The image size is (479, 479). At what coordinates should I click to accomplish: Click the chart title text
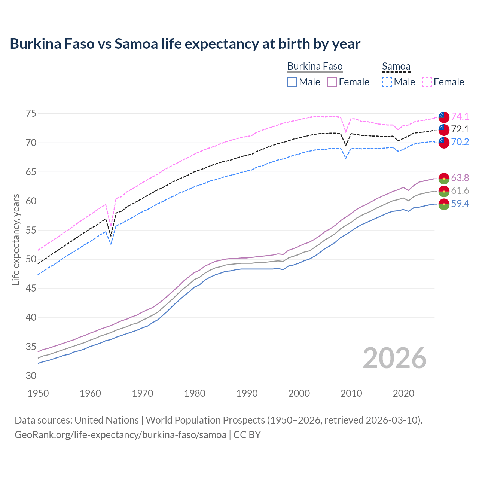click(x=185, y=44)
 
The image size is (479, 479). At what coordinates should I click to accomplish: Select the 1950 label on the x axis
click(x=38, y=393)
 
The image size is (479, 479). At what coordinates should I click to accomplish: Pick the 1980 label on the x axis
click(x=195, y=393)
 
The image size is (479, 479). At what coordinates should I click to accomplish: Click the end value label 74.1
click(x=460, y=116)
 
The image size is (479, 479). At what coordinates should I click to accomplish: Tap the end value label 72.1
click(x=460, y=129)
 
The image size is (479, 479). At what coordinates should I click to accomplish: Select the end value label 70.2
click(x=460, y=142)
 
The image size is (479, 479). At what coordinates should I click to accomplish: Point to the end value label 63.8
click(x=460, y=178)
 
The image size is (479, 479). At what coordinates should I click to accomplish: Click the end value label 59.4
click(x=460, y=204)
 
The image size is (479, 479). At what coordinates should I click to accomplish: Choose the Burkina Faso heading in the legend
click(x=315, y=66)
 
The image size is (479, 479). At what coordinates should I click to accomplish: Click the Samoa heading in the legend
click(x=396, y=66)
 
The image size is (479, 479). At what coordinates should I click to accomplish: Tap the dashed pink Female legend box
click(x=427, y=82)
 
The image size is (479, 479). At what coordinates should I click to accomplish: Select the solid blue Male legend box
click(x=292, y=82)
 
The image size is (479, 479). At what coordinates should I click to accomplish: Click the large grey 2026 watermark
click(x=395, y=358)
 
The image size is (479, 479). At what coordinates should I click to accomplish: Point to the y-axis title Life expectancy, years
click(x=16, y=239)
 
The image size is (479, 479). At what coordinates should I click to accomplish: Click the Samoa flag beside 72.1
click(x=444, y=129)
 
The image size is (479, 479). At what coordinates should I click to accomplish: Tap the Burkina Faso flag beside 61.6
click(x=444, y=191)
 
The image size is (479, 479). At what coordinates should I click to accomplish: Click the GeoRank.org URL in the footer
click(x=120, y=435)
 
